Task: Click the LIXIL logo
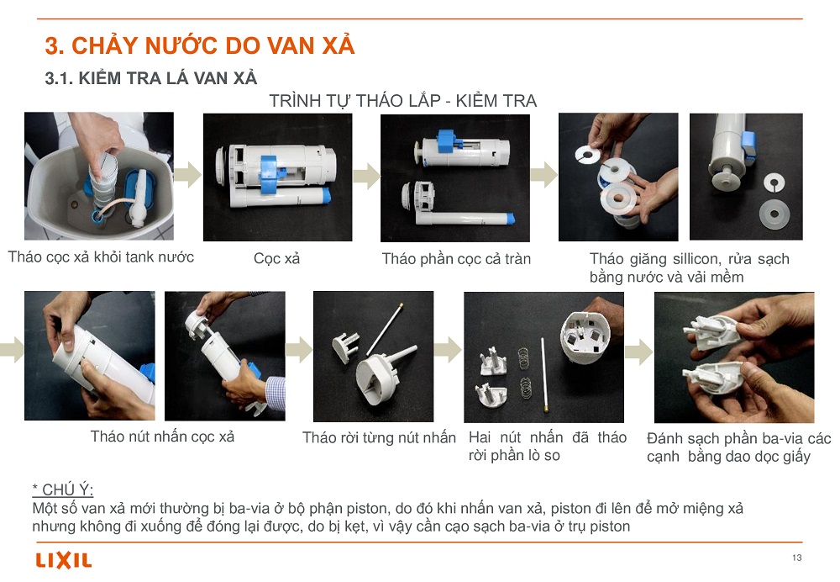(x=64, y=560)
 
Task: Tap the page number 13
(x=796, y=558)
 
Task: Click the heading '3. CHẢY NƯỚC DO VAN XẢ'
(x=200, y=45)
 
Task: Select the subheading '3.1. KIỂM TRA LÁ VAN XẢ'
(x=151, y=78)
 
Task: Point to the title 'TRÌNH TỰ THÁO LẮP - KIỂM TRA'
(x=403, y=101)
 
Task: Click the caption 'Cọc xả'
(x=276, y=258)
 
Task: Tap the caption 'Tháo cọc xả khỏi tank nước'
(x=101, y=257)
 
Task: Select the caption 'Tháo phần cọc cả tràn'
(x=456, y=259)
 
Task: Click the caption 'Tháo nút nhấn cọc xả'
(x=162, y=436)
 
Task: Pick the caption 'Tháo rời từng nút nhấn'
(x=380, y=437)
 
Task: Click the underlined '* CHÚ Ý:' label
(x=63, y=489)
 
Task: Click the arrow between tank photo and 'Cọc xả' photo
(x=188, y=175)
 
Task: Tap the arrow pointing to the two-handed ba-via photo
(x=638, y=352)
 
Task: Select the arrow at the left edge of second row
(x=12, y=350)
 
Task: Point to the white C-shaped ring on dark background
(x=774, y=183)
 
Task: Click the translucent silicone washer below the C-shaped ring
(x=774, y=214)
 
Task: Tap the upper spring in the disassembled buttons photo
(x=523, y=358)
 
